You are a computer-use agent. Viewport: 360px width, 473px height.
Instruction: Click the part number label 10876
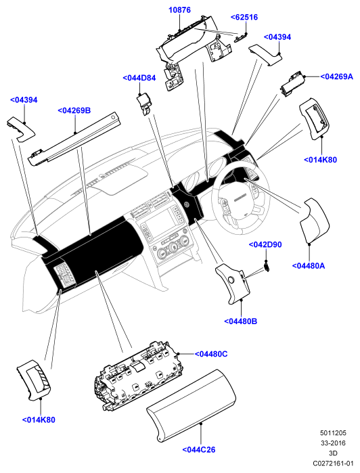point(179,10)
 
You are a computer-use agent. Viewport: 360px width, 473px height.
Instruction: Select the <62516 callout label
point(244,17)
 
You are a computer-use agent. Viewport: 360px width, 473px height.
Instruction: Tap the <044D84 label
point(139,78)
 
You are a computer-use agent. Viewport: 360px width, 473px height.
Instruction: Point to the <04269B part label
point(74,110)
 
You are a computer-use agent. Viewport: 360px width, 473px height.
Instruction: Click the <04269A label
point(336,76)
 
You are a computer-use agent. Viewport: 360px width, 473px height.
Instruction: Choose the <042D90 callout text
point(265,244)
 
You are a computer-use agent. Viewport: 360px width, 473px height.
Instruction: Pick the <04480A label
point(309,266)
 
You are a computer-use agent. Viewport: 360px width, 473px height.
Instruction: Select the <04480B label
point(240,321)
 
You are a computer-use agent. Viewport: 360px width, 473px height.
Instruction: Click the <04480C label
point(211,354)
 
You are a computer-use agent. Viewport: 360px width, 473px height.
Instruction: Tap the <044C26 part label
point(199,450)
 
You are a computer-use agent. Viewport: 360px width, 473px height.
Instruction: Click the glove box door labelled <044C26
point(191,406)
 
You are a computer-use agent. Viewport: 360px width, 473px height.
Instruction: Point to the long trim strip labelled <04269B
point(75,139)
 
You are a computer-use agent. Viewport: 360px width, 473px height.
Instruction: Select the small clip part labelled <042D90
point(267,267)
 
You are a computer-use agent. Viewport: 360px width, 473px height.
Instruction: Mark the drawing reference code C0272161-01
point(333,463)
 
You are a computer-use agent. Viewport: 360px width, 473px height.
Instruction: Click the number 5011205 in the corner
point(333,433)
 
